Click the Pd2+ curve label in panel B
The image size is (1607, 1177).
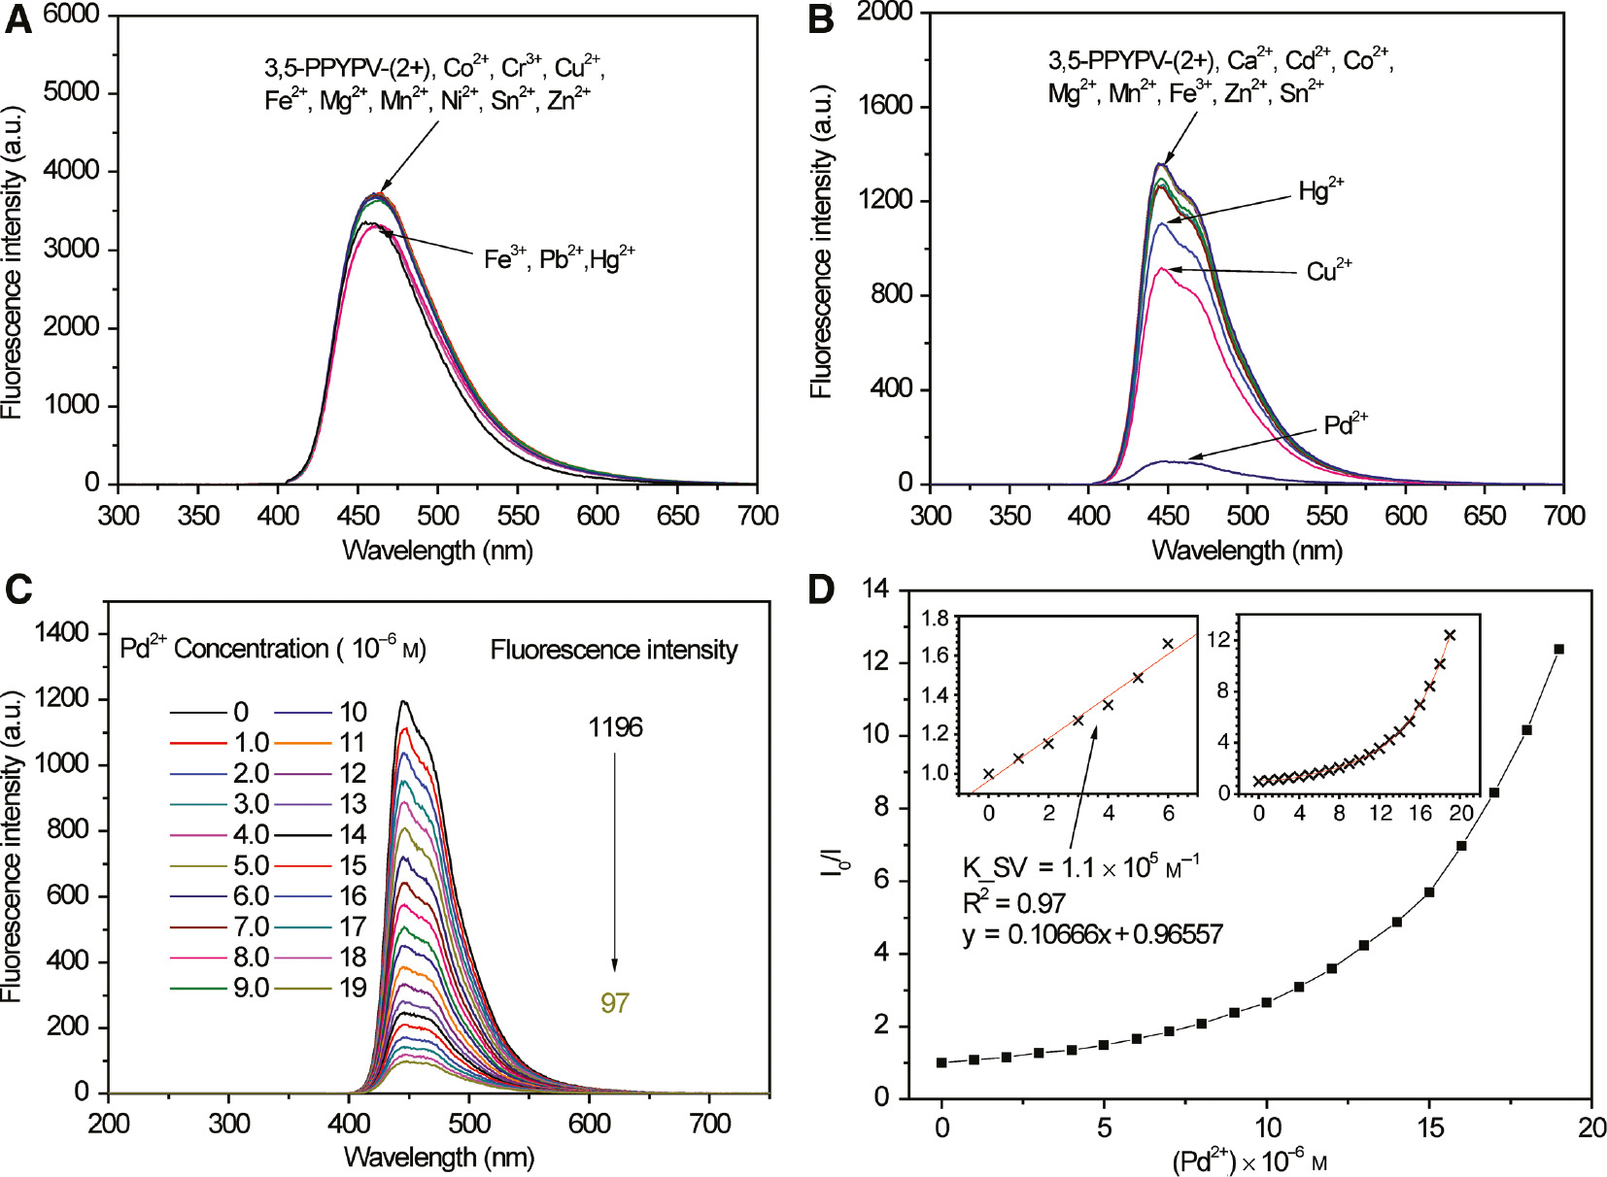click(1346, 424)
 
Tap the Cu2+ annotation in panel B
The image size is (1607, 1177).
click(1328, 270)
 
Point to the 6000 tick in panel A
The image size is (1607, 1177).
click(70, 14)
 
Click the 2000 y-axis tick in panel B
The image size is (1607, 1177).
click(883, 12)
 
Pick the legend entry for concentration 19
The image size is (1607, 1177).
click(322, 988)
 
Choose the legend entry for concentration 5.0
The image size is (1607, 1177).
click(220, 864)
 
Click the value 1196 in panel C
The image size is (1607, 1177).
click(615, 727)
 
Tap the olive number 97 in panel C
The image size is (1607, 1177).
click(615, 1002)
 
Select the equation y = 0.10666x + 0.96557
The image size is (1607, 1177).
click(1092, 934)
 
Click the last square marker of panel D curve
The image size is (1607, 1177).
click(1558, 649)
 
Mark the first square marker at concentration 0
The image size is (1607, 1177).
click(941, 1062)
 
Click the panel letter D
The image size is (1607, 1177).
click(821, 589)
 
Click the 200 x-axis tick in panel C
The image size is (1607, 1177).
click(109, 1125)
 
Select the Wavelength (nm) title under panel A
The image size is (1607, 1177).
click(437, 551)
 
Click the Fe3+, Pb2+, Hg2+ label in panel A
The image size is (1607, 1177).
click(559, 258)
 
